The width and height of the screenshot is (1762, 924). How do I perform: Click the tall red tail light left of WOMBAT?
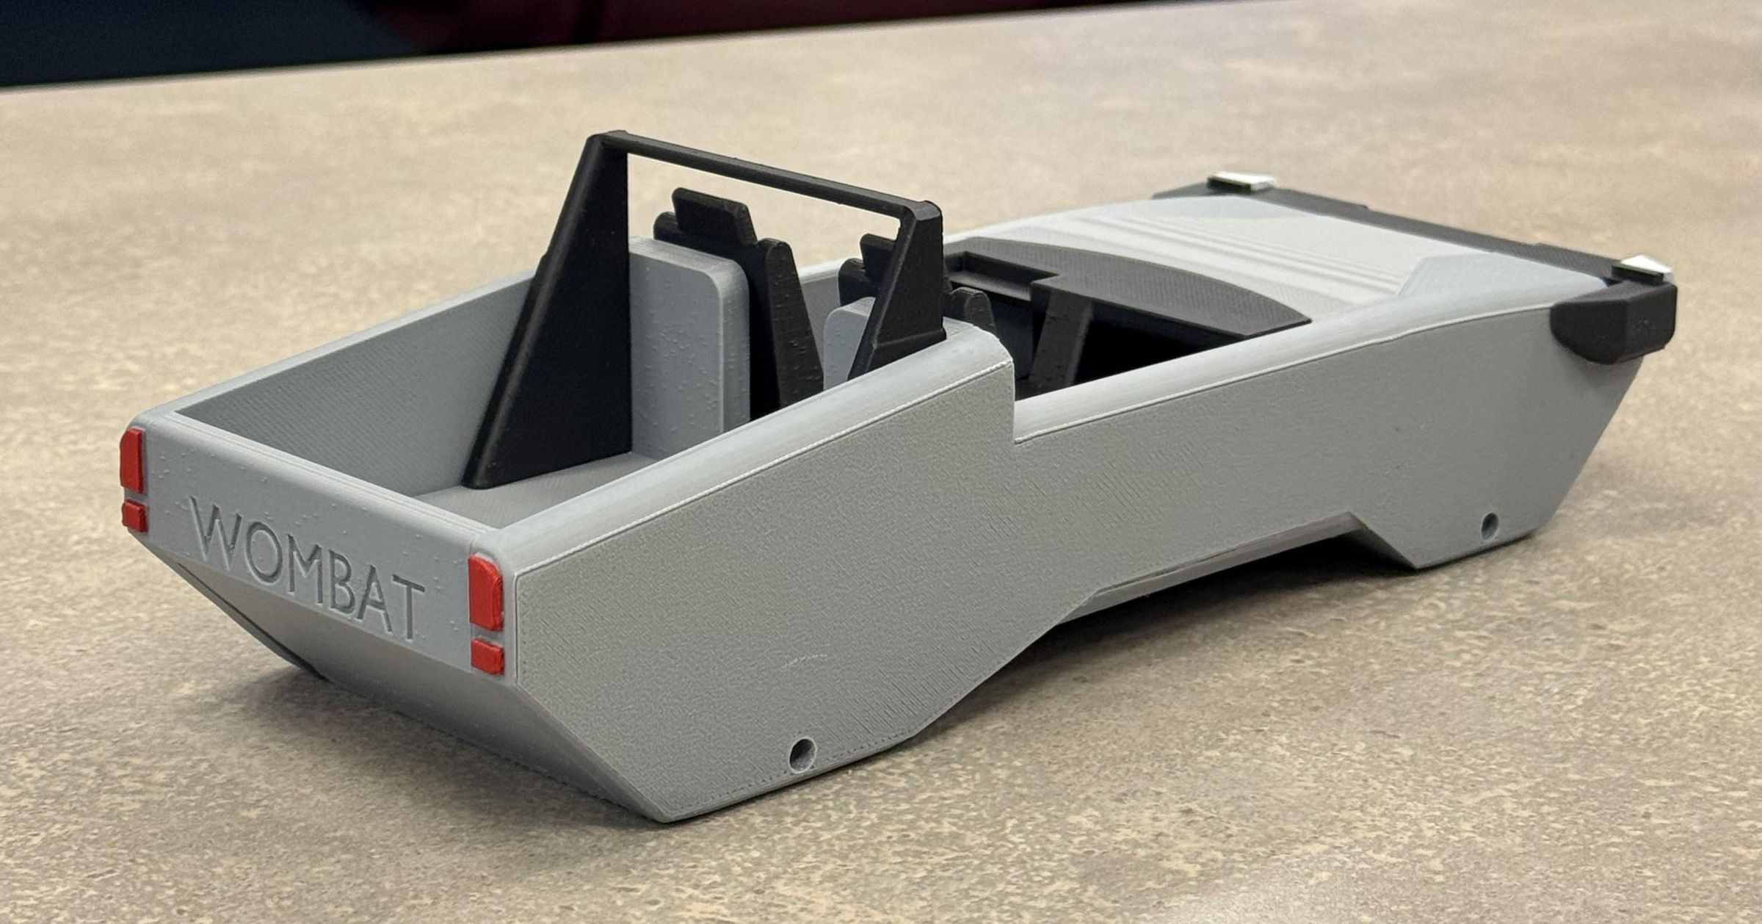132,460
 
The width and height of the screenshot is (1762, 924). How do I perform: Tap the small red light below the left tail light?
134,516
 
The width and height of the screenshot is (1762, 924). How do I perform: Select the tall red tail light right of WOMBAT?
486,592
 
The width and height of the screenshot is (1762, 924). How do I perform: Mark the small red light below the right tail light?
487,656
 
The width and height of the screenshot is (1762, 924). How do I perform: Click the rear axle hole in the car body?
801,751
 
